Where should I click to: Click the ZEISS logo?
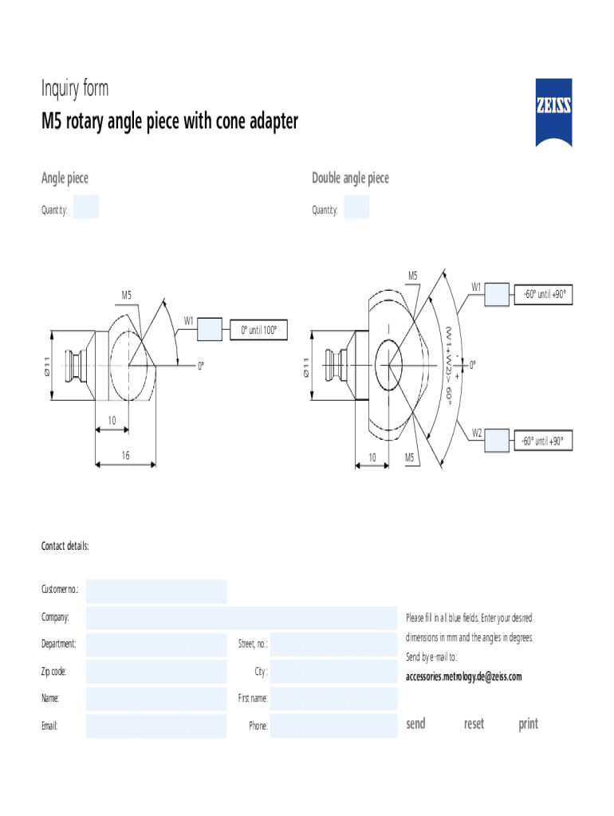coord(553,112)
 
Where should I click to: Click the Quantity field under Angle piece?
coord(86,206)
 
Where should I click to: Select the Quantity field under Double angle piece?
coord(356,206)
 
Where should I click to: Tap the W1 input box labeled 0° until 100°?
coord(210,328)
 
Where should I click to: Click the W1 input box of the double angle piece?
coord(496,294)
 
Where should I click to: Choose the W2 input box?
coord(496,440)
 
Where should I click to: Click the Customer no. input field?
coord(156,591)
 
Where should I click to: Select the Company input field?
coord(241,618)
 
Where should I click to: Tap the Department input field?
coord(156,645)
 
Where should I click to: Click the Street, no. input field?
coord(333,645)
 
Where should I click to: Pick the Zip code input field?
coord(156,672)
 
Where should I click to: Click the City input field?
coord(333,672)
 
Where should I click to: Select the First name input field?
coord(333,699)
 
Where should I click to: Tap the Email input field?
coord(156,726)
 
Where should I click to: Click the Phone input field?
coord(333,726)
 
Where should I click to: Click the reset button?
coord(474,724)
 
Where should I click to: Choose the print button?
coord(528,724)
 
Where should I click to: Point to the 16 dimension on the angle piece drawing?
coord(125,454)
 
